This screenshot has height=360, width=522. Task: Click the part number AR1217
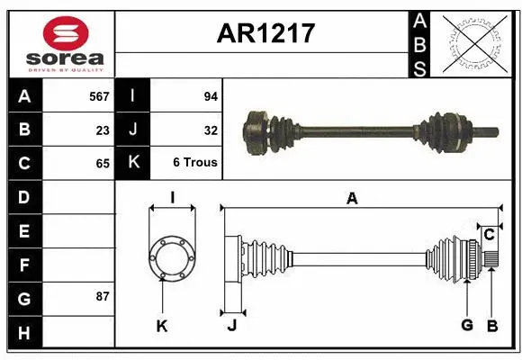tap(265, 33)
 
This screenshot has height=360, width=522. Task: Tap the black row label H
tap(23, 333)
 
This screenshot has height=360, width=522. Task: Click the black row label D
tap(23, 196)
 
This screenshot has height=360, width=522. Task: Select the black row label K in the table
tap(133, 163)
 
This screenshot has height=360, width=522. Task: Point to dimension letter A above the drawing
tap(352, 199)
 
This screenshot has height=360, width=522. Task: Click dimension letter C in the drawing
tap(490, 235)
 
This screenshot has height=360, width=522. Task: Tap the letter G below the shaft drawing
tap(466, 325)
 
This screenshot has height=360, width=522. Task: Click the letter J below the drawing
tap(231, 325)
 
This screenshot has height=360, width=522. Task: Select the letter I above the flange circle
tap(172, 197)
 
